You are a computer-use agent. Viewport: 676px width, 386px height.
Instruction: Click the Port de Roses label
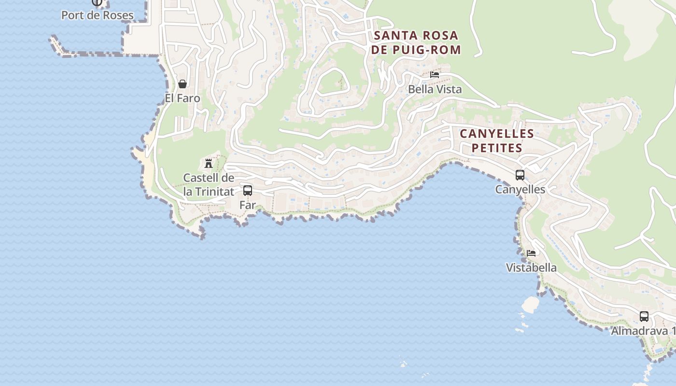[97, 15]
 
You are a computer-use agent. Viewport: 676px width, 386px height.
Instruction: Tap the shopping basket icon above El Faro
[183, 84]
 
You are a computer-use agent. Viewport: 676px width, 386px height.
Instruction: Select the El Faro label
[182, 98]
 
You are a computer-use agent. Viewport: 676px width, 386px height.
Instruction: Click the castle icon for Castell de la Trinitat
[209, 163]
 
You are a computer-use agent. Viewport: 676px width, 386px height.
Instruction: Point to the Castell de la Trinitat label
[209, 185]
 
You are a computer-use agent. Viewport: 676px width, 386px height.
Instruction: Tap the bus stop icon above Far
[248, 191]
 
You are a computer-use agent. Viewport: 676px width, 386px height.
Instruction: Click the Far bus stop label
[247, 205]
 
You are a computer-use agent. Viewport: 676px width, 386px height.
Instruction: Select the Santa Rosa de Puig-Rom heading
[416, 42]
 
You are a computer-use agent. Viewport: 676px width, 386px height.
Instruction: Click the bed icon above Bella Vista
[435, 75]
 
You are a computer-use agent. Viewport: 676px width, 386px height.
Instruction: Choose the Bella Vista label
[435, 89]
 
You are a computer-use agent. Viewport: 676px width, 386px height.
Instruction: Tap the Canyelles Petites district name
[497, 140]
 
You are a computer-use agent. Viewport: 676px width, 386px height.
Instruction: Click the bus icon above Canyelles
[520, 175]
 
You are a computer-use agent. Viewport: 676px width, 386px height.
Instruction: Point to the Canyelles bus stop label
[520, 190]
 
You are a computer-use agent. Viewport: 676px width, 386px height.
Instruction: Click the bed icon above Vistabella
[531, 253]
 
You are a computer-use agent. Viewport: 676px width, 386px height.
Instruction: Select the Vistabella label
[531, 267]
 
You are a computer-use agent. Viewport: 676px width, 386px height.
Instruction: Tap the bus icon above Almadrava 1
[644, 317]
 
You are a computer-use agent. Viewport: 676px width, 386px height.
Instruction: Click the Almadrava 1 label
[643, 331]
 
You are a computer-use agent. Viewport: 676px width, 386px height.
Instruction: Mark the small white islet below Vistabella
[530, 304]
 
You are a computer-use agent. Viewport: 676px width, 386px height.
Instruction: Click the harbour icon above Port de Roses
[97, 2]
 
